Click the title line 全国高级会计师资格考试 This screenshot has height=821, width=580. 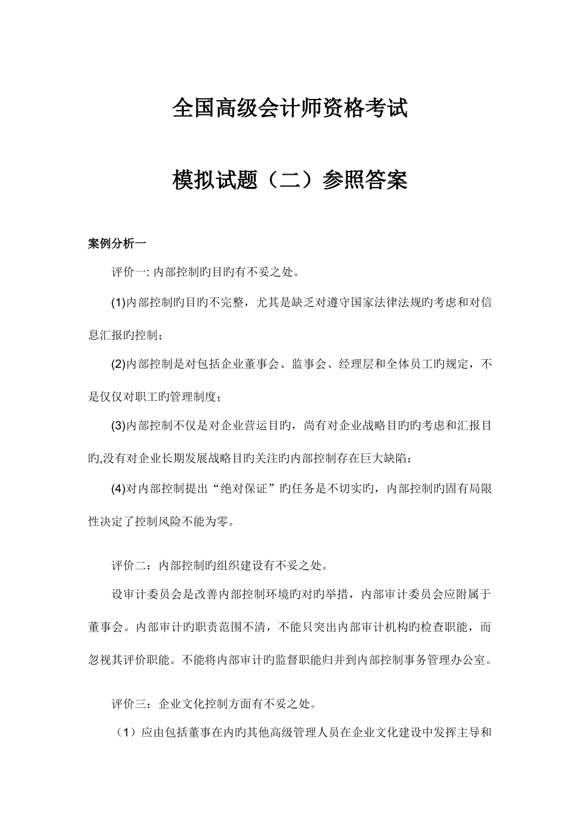[x=290, y=109]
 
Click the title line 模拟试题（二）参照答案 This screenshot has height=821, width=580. [x=290, y=180]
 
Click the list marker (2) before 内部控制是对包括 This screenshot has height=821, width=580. [x=118, y=365]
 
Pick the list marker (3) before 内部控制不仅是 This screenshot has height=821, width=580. [x=118, y=426]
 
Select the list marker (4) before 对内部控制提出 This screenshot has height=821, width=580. [x=118, y=488]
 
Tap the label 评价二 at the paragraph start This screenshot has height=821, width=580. [x=126, y=566]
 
